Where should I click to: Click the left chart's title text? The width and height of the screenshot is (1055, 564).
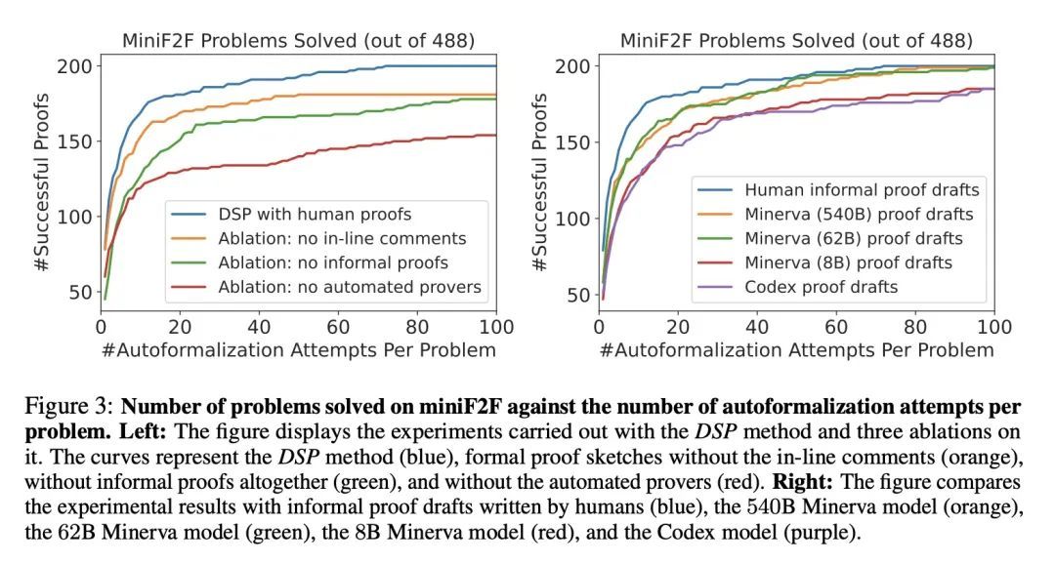click(298, 40)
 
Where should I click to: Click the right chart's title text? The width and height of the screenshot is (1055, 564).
click(796, 40)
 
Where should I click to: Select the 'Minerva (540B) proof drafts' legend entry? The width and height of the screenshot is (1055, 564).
click(859, 215)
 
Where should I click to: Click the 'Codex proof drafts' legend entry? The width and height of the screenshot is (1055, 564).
click(821, 287)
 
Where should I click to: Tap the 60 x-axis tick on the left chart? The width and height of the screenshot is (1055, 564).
click(338, 326)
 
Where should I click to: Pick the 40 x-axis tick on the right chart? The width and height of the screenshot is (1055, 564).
click(757, 326)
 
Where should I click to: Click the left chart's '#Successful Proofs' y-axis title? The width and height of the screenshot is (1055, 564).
click(41, 182)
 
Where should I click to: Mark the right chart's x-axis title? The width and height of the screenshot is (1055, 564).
click(796, 350)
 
